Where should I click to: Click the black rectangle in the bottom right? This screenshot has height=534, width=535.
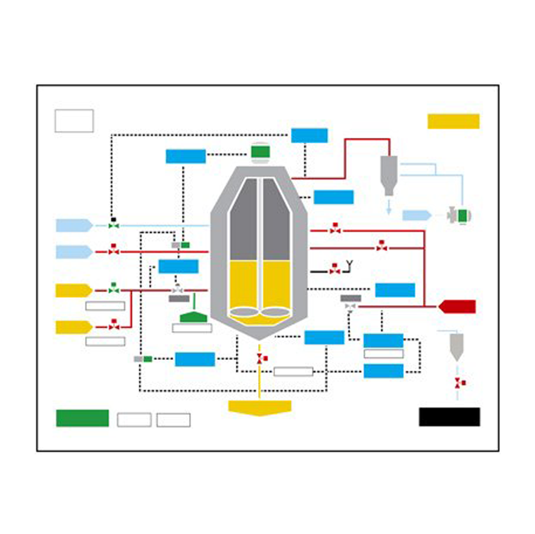point(449,416)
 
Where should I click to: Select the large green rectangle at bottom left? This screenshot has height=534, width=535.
point(82,418)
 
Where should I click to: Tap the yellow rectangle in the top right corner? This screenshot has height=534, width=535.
point(453,121)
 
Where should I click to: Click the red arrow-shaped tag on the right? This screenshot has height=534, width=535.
point(457,306)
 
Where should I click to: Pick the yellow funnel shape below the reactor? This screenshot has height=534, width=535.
point(259,407)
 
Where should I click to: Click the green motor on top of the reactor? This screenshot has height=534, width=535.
point(261,152)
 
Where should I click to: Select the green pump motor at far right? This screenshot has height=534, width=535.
point(464,215)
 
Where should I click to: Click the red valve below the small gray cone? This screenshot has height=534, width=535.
point(458,382)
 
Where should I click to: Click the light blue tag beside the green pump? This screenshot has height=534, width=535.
point(417,215)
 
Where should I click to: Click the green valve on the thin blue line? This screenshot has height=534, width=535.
point(113,225)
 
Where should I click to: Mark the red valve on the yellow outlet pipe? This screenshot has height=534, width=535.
point(260,359)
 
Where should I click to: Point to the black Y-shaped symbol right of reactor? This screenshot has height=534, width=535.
point(349,264)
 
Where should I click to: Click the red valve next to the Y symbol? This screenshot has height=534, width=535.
point(334,271)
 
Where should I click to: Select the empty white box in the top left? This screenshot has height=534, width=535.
point(74,120)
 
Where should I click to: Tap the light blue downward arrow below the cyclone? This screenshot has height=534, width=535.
point(389,208)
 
